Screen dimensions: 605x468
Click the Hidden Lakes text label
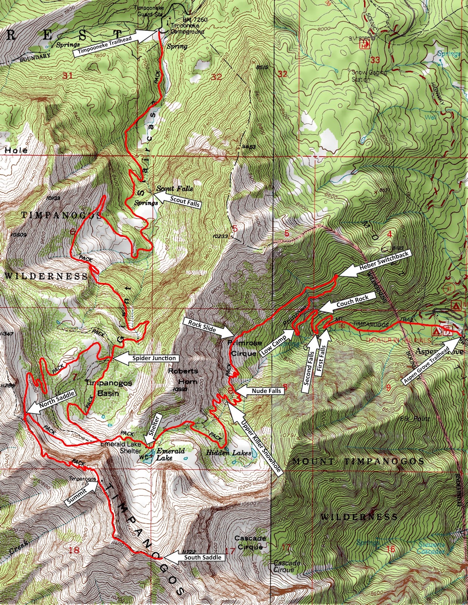(228, 453)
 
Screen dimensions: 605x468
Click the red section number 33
(375, 59)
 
